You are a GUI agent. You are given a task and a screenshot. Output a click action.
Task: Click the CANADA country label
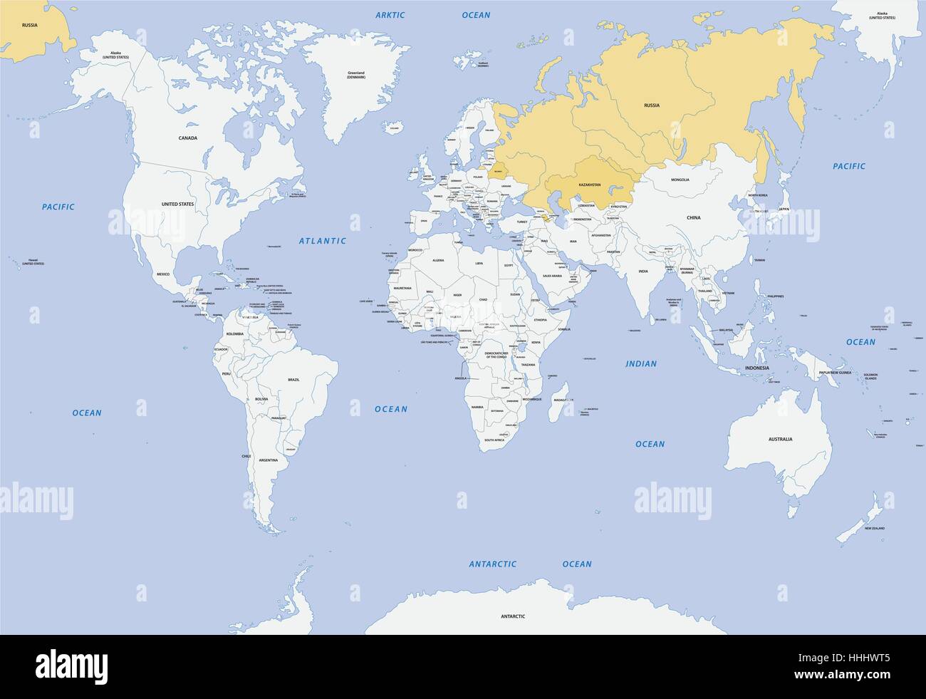tap(188, 138)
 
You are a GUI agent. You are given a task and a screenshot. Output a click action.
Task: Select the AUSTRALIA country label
tap(780, 439)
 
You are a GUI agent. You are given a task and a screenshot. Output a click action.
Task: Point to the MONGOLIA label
tap(680, 179)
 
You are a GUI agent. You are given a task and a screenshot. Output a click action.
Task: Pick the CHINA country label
tap(693, 217)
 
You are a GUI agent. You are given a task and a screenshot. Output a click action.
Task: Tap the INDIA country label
tap(643, 271)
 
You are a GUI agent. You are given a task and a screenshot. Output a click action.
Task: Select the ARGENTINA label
tap(268, 460)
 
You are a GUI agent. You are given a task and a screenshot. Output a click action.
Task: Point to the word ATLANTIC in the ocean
tap(322, 241)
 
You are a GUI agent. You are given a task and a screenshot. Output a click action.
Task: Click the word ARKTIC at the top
tap(390, 15)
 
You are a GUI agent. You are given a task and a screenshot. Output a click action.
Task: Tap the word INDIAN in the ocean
tap(640, 363)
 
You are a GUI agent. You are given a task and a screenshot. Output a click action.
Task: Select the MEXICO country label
tap(164, 274)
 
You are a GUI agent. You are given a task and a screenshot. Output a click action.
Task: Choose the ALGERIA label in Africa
tap(439, 261)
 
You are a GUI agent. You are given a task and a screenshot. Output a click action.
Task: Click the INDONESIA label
tap(756, 368)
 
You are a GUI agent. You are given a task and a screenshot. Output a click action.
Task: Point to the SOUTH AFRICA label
tap(494, 440)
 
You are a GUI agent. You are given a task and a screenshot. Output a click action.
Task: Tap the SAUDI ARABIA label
tap(553, 276)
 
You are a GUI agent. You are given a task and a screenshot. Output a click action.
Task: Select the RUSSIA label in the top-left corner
tap(29, 25)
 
